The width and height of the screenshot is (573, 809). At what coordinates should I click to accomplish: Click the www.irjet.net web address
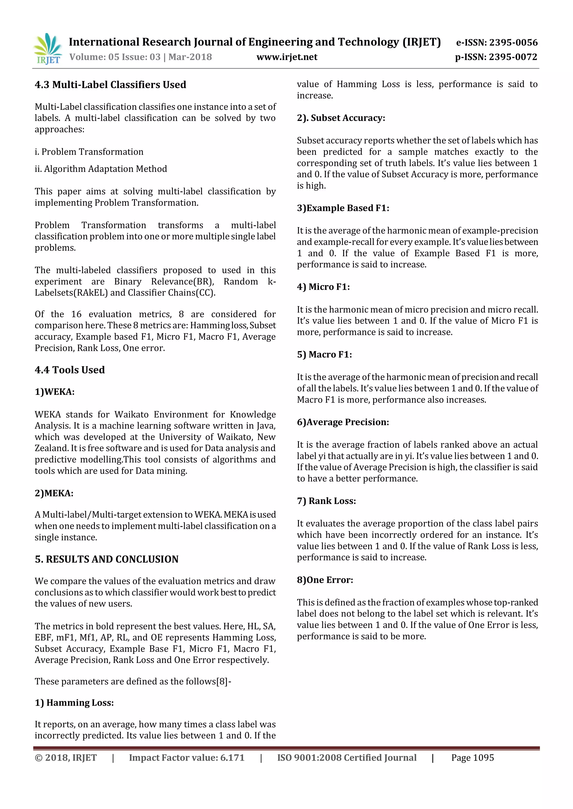[286, 57]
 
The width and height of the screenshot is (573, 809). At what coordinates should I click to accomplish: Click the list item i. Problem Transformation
[89, 152]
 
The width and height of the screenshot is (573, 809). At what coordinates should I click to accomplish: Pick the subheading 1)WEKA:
[54, 392]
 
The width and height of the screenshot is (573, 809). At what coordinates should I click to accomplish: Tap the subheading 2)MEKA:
[54, 493]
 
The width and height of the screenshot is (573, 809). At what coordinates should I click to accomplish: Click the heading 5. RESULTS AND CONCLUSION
[107, 559]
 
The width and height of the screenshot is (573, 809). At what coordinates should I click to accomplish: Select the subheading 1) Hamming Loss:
[74, 703]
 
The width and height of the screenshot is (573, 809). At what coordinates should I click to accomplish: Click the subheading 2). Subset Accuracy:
[341, 118]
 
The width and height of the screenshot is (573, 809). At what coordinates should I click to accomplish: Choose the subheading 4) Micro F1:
[323, 287]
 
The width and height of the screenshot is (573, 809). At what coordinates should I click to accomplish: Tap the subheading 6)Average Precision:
[343, 422]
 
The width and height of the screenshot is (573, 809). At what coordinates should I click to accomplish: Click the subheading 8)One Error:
[325, 580]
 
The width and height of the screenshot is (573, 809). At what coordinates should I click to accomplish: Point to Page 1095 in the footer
[473, 758]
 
